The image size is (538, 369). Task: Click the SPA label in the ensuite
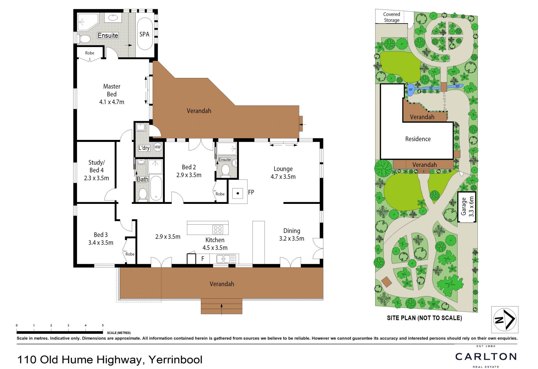click(144, 34)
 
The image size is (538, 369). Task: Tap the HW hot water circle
click(157, 147)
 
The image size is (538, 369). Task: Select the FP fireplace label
click(251, 192)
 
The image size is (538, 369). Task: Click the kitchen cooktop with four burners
click(218, 230)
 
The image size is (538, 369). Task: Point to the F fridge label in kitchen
click(203, 259)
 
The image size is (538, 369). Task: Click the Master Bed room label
click(112, 94)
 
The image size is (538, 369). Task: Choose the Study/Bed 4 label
click(96, 170)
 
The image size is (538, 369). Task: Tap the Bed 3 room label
click(101, 239)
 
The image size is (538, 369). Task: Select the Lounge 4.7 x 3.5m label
click(283, 173)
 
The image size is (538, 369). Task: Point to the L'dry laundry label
click(144, 148)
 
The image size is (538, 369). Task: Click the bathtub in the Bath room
click(156, 188)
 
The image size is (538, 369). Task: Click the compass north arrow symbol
click(505, 319)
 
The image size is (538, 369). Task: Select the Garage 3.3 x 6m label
click(467, 207)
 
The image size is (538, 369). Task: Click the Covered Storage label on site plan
click(391, 17)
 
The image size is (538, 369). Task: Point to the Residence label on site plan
click(418, 139)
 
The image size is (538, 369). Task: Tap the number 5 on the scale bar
click(103, 326)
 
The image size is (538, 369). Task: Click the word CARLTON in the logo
click(486, 357)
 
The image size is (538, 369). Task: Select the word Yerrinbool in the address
click(175, 360)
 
